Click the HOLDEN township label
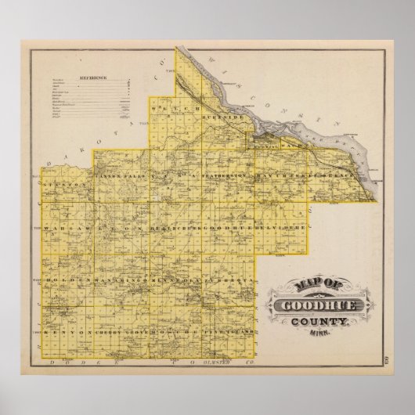click(67, 280)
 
